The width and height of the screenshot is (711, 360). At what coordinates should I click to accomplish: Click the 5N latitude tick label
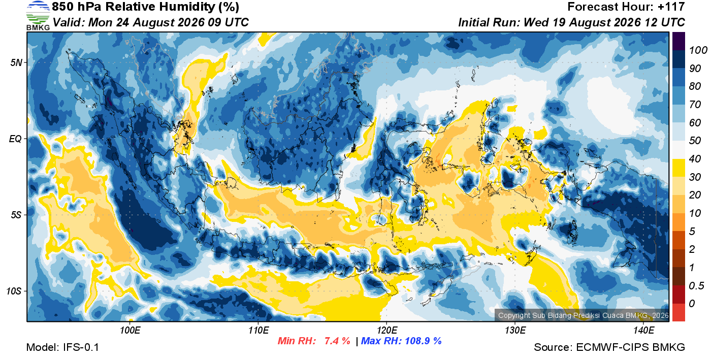coord(16,62)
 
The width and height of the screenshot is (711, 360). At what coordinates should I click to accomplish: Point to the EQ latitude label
coord(15,139)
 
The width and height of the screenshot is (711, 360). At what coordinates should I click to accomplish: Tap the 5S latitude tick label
coord(16,215)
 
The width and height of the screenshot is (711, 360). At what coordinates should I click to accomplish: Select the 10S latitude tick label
coord(14,291)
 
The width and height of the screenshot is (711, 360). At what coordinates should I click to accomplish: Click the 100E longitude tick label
coord(130,330)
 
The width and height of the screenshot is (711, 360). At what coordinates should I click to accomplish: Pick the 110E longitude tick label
coord(258,330)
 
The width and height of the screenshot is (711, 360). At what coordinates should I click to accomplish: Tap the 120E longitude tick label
coord(386,330)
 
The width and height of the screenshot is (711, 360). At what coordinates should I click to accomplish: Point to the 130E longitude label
coord(515,330)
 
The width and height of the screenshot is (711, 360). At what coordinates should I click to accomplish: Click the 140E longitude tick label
coord(643,330)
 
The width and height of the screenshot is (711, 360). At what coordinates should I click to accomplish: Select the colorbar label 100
coord(698,50)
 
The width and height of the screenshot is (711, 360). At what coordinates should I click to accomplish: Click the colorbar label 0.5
coord(696,286)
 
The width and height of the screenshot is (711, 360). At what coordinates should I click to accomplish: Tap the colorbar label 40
coord(695,159)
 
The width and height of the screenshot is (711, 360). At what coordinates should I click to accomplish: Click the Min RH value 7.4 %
coord(337,341)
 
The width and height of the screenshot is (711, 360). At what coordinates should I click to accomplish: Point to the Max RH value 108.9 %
coord(423,341)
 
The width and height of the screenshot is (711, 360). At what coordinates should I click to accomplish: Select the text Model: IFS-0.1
coord(62,347)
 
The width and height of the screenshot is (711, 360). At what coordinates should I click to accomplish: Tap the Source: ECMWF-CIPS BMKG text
coord(609,347)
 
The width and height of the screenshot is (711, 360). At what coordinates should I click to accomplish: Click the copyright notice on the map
coord(584,315)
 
